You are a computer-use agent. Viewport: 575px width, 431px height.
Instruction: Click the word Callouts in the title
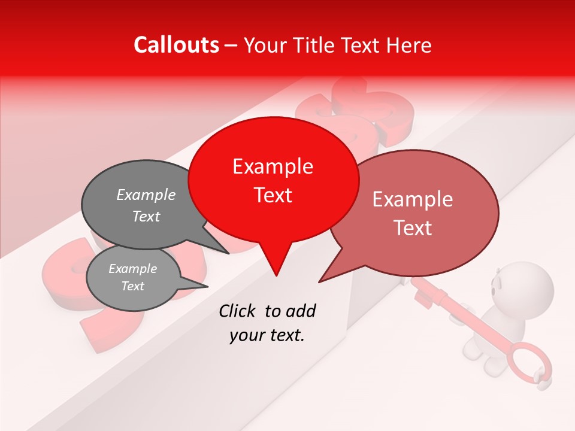(x=177, y=45)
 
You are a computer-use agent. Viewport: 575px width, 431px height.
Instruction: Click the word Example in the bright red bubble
(x=273, y=166)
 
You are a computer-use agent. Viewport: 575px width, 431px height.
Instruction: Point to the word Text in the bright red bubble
(x=273, y=195)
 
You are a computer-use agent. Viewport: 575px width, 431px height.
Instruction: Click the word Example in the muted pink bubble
(x=413, y=199)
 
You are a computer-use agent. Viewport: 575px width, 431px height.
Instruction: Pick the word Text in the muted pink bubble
(x=413, y=228)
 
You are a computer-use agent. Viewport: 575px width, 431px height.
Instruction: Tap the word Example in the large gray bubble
(x=146, y=195)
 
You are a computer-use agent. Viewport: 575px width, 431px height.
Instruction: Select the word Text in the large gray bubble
(x=146, y=216)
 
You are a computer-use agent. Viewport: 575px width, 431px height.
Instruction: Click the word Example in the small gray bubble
(x=133, y=269)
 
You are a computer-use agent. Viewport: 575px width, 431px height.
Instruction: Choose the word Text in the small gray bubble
(x=133, y=286)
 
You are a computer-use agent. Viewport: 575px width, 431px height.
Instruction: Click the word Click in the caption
(x=237, y=311)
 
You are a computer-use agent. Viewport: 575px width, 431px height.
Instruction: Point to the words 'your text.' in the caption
(x=267, y=336)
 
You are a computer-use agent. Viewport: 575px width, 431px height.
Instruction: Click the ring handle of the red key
(x=529, y=363)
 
